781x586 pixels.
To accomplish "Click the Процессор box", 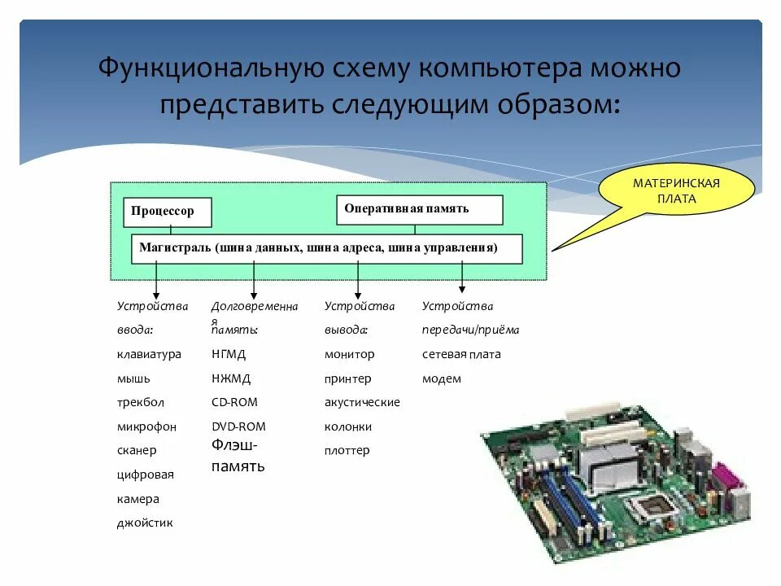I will (168, 212).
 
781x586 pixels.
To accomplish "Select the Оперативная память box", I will (419, 209).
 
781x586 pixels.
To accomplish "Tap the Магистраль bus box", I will (326, 248).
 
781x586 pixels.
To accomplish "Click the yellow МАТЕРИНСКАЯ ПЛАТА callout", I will (676, 192).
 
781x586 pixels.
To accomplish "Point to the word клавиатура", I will (149, 354).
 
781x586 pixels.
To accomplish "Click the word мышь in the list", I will (133, 378).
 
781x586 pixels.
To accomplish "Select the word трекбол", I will (140, 402).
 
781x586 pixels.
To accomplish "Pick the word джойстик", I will (145, 523).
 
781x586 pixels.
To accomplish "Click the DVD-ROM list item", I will (238, 426).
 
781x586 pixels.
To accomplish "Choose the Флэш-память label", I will (238, 456).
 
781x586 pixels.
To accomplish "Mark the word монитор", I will (350, 354).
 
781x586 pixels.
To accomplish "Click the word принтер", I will (347, 378).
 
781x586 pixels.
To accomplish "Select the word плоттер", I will (347, 450).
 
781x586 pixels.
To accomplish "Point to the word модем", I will (442, 378).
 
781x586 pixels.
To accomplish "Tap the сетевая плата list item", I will (461, 354).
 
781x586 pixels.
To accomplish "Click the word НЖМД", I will (231, 378).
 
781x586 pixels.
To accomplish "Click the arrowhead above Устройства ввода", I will (156, 295).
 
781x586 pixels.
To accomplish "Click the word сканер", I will (137, 450).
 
